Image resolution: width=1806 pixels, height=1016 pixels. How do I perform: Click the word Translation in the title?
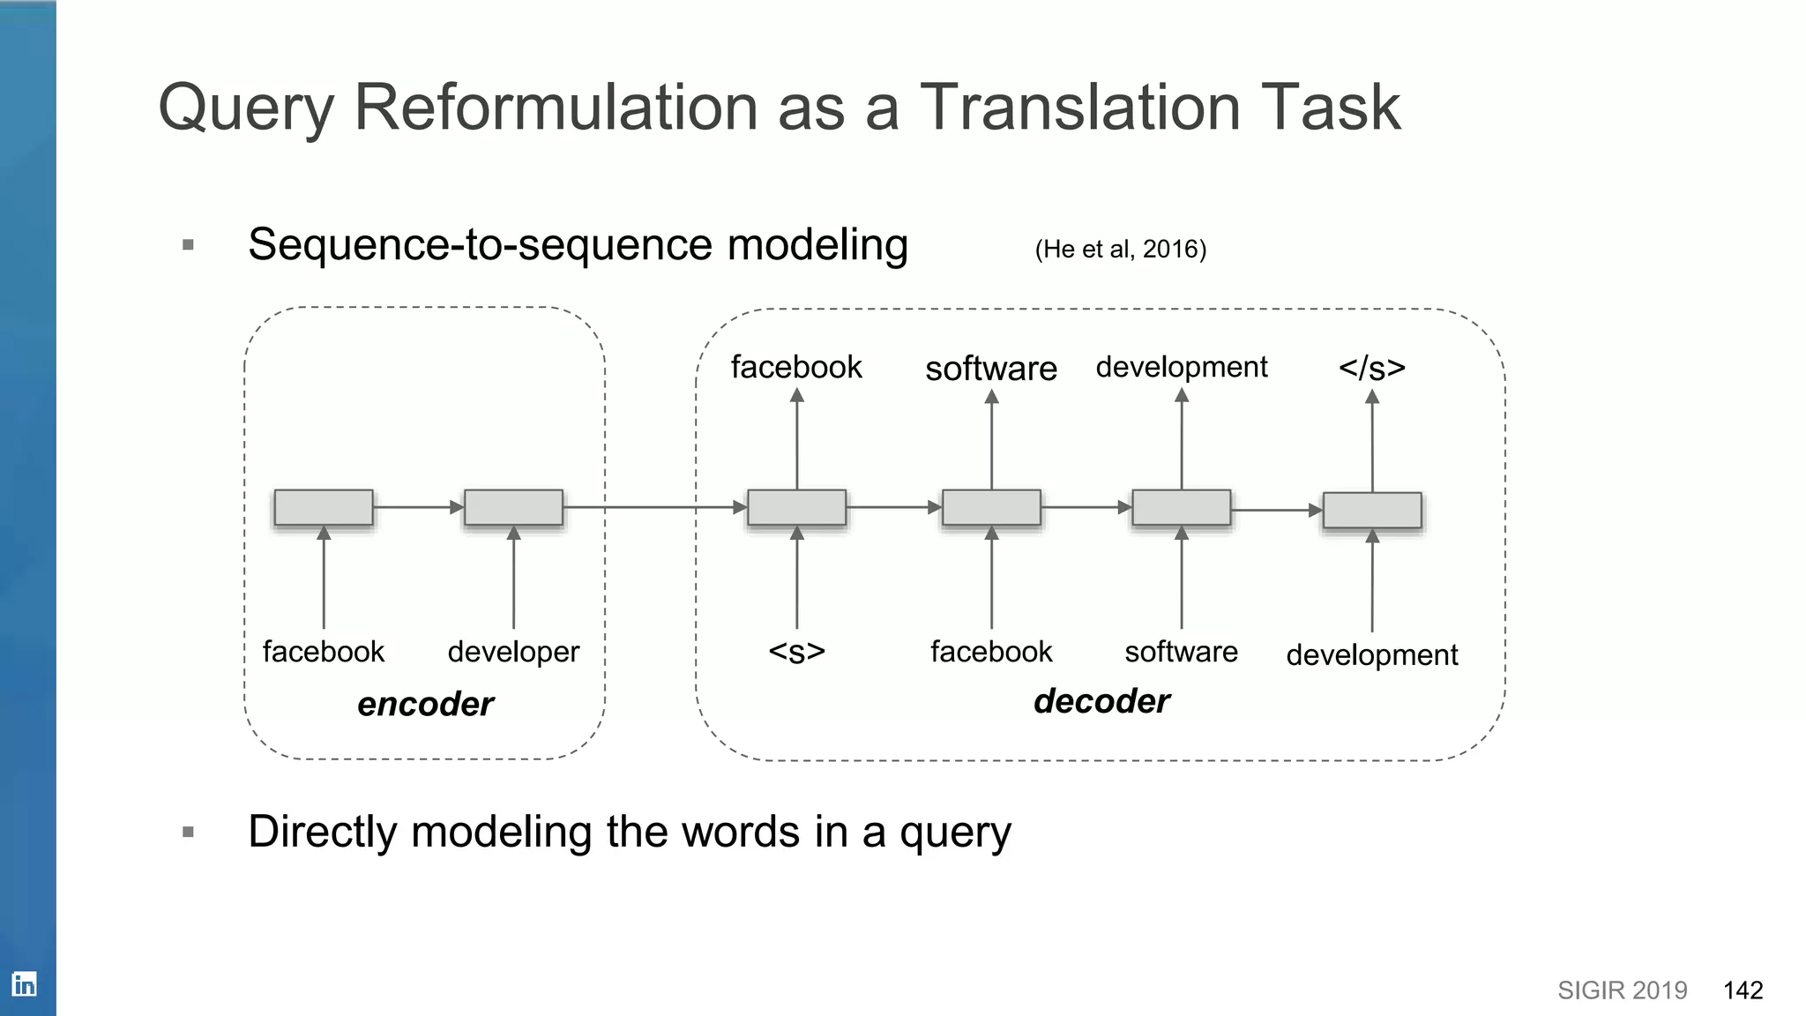(1080, 108)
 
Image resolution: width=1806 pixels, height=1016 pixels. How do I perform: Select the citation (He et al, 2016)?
(1120, 250)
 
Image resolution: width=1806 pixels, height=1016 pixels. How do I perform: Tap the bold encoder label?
(425, 704)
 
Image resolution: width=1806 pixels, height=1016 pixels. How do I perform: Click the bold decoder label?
(1101, 701)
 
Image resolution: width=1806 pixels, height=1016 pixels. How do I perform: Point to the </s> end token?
(1371, 368)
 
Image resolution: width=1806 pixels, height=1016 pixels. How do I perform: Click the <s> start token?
(796, 652)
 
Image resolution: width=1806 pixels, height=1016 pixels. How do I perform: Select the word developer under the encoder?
(513, 652)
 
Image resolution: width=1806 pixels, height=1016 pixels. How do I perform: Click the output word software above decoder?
(991, 369)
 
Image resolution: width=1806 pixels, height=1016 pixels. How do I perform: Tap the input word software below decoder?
(1181, 652)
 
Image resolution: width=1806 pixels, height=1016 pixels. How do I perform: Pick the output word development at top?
(1181, 367)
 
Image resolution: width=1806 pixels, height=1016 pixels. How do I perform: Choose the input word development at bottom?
(1371, 655)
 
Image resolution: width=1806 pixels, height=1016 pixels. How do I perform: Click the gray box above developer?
(513, 508)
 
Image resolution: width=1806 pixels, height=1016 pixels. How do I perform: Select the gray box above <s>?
(796, 508)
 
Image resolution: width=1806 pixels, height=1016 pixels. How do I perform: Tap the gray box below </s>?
(1372, 511)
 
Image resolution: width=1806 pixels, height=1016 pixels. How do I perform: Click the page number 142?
(1743, 990)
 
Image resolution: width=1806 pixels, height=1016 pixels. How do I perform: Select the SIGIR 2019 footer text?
(1622, 990)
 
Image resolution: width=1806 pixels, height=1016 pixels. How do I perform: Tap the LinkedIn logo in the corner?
(24, 983)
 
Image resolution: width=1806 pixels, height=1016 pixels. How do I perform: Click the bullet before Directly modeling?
(188, 832)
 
